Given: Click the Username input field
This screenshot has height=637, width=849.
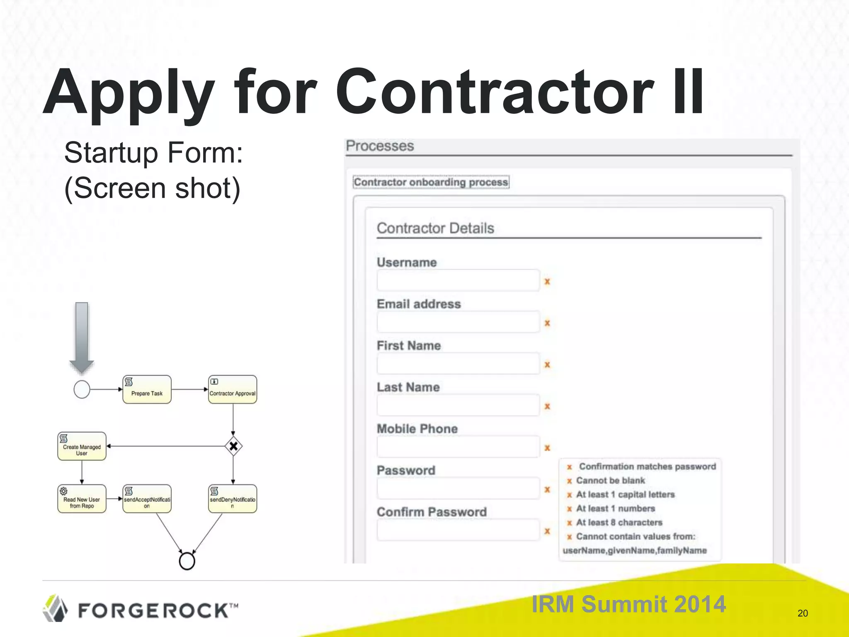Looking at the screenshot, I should click(x=458, y=281).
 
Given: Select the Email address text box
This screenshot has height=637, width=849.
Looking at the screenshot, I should click(x=458, y=322).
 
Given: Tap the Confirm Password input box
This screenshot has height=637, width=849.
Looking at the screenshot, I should click(x=458, y=530).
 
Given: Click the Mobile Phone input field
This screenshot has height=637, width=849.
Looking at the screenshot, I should click(x=458, y=447).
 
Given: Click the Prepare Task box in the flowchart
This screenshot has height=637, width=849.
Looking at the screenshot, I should click(x=147, y=389).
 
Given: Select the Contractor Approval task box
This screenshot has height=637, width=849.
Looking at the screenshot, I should click(x=233, y=389).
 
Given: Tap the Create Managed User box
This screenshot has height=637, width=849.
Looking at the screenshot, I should click(x=82, y=446).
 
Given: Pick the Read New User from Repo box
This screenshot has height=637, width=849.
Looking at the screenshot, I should click(x=82, y=499).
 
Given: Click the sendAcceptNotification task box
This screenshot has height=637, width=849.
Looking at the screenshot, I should click(x=147, y=499).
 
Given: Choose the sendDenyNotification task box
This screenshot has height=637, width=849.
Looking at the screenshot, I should click(x=233, y=499).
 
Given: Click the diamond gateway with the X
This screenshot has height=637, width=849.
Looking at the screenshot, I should click(x=233, y=446).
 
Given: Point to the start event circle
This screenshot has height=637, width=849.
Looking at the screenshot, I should click(x=82, y=389).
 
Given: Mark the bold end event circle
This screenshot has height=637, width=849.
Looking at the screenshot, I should click(x=187, y=561).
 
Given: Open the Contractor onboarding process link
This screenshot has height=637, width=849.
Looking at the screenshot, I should click(x=431, y=182).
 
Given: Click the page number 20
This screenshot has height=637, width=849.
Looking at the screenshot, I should click(x=803, y=613).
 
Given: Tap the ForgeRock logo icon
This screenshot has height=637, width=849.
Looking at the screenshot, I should click(x=56, y=609).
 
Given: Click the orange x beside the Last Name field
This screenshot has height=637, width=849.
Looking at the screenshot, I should click(x=547, y=406).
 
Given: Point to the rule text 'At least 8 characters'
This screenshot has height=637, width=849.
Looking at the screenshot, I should click(x=619, y=523).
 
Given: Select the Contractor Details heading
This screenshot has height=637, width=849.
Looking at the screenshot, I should click(x=435, y=228).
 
